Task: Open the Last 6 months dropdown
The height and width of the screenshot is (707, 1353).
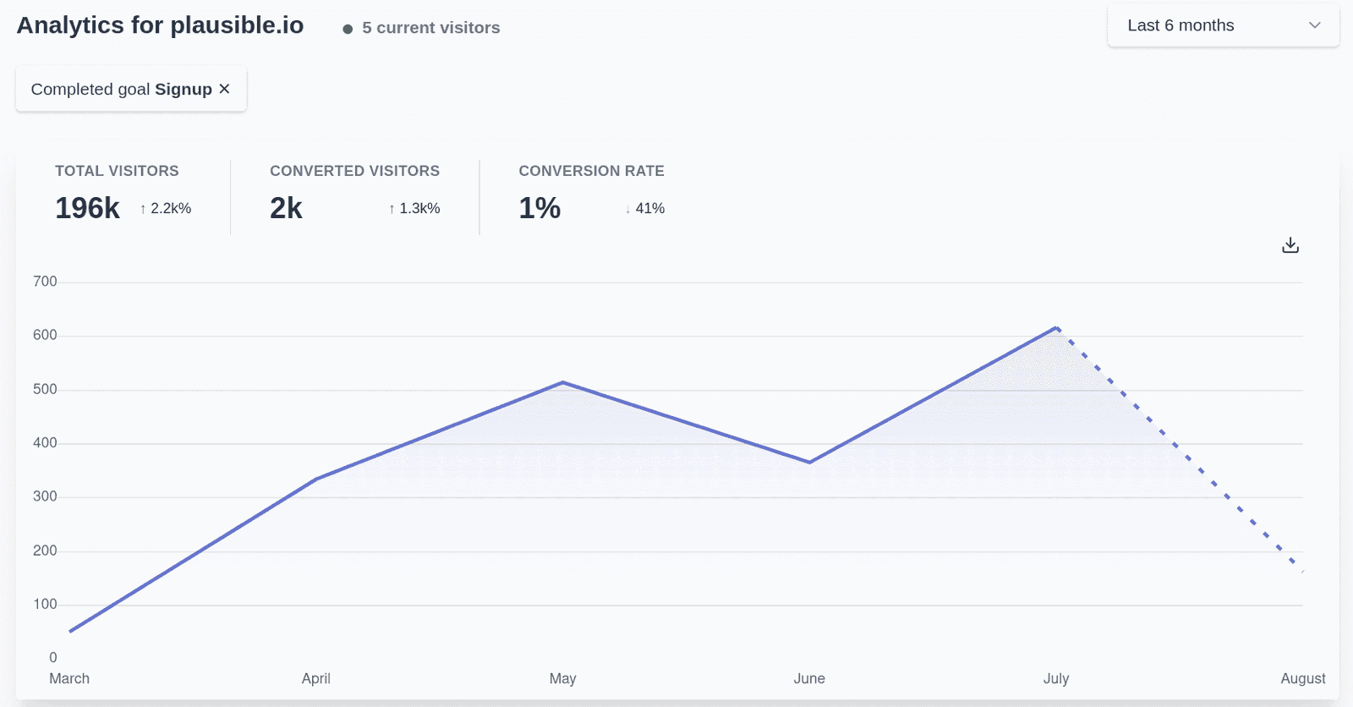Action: pyautogui.click(x=1223, y=25)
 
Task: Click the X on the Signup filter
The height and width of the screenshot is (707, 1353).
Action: pyautogui.click(x=224, y=89)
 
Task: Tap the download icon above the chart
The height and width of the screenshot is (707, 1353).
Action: pyautogui.click(x=1290, y=245)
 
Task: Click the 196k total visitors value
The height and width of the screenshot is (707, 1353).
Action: pyautogui.click(x=88, y=208)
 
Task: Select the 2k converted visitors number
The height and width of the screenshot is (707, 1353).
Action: pyautogui.click(x=286, y=208)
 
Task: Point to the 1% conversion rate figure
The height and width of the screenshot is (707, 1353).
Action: pyautogui.click(x=540, y=208)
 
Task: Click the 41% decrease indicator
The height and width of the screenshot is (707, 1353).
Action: pyautogui.click(x=645, y=209)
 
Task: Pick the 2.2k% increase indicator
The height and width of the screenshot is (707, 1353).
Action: pyautogui.click(x=166, y=209)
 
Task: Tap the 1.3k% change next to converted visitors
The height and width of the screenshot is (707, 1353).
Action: pyautogui.click(x=414, y=209)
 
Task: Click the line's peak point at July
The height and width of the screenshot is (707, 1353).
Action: pyautogui.click(x=1056, y=327)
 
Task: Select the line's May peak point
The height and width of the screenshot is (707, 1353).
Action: pyautogui.click(x=563, y=382)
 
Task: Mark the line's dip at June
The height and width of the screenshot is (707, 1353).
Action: pyautogui.click(x=809, y=463)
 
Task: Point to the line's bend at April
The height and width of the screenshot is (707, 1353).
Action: pyautogui.click(x=316, y=480)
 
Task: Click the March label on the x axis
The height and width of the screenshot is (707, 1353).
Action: pyautogui.click(x=69, y=678)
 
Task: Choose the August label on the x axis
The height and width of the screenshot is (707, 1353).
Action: pyautogui.click(x=1302, y=678)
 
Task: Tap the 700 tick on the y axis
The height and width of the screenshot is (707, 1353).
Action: pyautogui.click(x=45, y=282)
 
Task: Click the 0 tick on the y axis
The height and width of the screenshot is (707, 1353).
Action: pyautogui.click(x=53, y=658)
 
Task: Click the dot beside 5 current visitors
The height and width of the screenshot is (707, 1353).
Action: pyautogui.click(x=348, y=29)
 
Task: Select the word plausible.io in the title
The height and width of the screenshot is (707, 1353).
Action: pyautogui.click(x=237, y=25)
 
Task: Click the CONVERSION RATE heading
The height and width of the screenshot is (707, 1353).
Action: pyautogui.click(x=591, y=171)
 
